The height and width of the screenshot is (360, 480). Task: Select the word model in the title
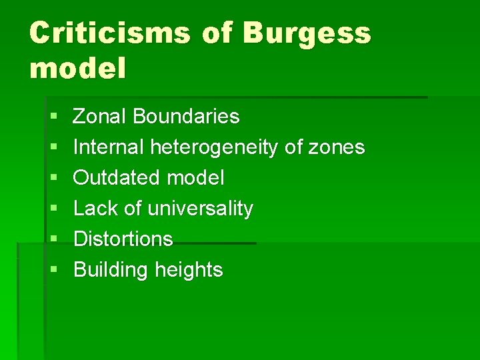[x=77, y=68]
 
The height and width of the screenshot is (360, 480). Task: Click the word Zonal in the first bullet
[x=100, y=117]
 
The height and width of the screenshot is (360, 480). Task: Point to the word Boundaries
[x=186, y=117]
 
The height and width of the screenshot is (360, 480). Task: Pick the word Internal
[x=109, y=147]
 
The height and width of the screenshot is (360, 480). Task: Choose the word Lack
[x=96, y=209]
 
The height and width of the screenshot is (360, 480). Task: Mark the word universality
[x=200, y=209]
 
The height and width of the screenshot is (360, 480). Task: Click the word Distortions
[x=123, y=239]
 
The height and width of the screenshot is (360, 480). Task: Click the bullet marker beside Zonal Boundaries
[x=53, y=117]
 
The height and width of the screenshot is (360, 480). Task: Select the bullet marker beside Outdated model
[x=53, y=179]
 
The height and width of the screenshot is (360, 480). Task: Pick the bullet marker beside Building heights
[x=53, y=271]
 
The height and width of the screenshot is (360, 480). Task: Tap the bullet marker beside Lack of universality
[x=53, y=209]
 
